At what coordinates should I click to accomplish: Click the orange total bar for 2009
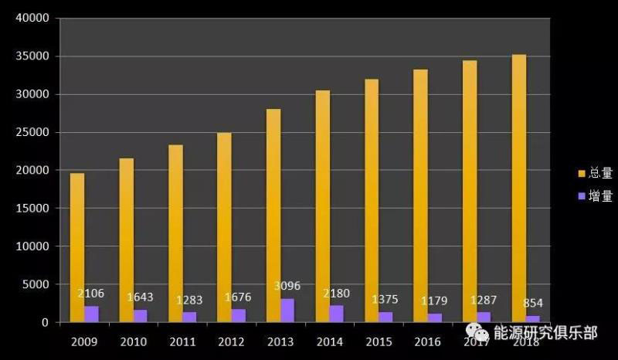pyautogui.click(x=77, y=247)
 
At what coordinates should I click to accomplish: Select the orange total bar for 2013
pyautogui.click(x=273, y=216)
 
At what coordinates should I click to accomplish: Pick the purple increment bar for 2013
pyautogui.click(x=287, y=310)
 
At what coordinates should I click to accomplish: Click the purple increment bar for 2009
pyautogui.click(x=91, y=314)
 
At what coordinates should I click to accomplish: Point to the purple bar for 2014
pyautogui.click(x=337, y=314)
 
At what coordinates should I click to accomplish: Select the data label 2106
pyautogui.click(x=90, y=294)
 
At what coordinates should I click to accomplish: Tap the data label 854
pyautogui.click(x=532, y=303)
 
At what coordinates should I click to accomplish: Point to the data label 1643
pyautogui.click(x=140, y=297)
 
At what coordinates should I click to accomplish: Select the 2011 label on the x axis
pyautogui.click(x=182, y=341)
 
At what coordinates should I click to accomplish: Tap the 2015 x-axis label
pyautogui.click(x=379, y=341)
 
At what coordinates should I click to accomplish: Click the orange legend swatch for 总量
pyautogui.click(x=582, y=174)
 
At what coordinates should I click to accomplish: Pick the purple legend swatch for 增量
pyautogui.click(x=582, y=196)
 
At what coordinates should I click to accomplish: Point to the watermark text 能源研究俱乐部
pyautogui.click(x=546, y=333)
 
